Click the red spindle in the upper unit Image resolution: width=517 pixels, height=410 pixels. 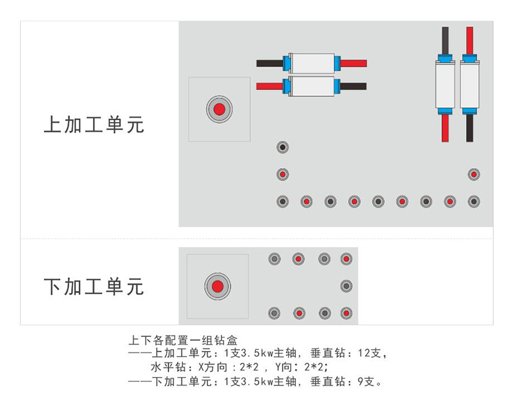(x=219, y=109)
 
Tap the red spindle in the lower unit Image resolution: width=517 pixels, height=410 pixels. (x=217, y=286)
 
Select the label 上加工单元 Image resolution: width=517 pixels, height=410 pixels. (x=94, y=125)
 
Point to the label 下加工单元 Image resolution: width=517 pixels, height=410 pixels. (x=94, y=286)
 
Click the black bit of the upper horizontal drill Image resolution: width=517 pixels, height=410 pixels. (x=269, y=63)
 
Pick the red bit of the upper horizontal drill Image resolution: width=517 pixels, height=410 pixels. (x=354, y=63)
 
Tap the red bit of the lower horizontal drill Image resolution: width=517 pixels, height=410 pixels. (x=269, y=86)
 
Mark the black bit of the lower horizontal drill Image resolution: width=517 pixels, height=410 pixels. (x=354, y=86)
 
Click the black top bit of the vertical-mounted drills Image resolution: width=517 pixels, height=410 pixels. (x=445, y=39)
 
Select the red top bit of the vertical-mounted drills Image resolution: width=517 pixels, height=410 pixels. (x=470, y=39)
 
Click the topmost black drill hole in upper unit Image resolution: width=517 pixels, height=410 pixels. (x=282, y=147)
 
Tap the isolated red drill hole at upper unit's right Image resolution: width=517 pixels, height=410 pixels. (x=474, y=175)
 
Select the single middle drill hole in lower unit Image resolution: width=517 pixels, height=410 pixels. (x=346, y=285)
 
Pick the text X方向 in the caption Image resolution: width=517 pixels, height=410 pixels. (x=211, y=367)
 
